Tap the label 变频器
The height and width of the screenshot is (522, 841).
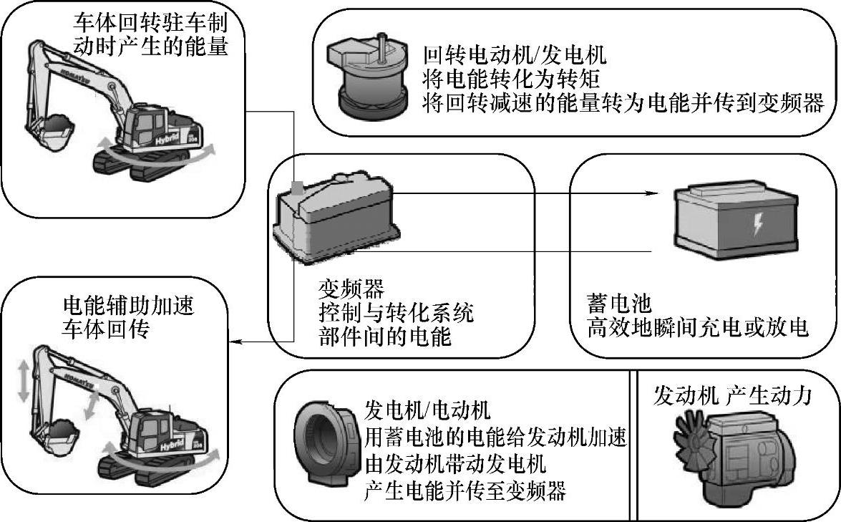pyautogui.click(x=351, y=289)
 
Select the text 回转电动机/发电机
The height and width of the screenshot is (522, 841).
pyautogui.click(x=515, y=55)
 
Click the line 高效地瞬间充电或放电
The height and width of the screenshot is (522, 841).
pyautogui.click(x=697, y=328)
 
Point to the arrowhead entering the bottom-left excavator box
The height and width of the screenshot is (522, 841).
pyautogui.click(x=241, y=344)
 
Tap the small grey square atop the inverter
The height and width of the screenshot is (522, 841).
pyautogui.click(x=296, y=188)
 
